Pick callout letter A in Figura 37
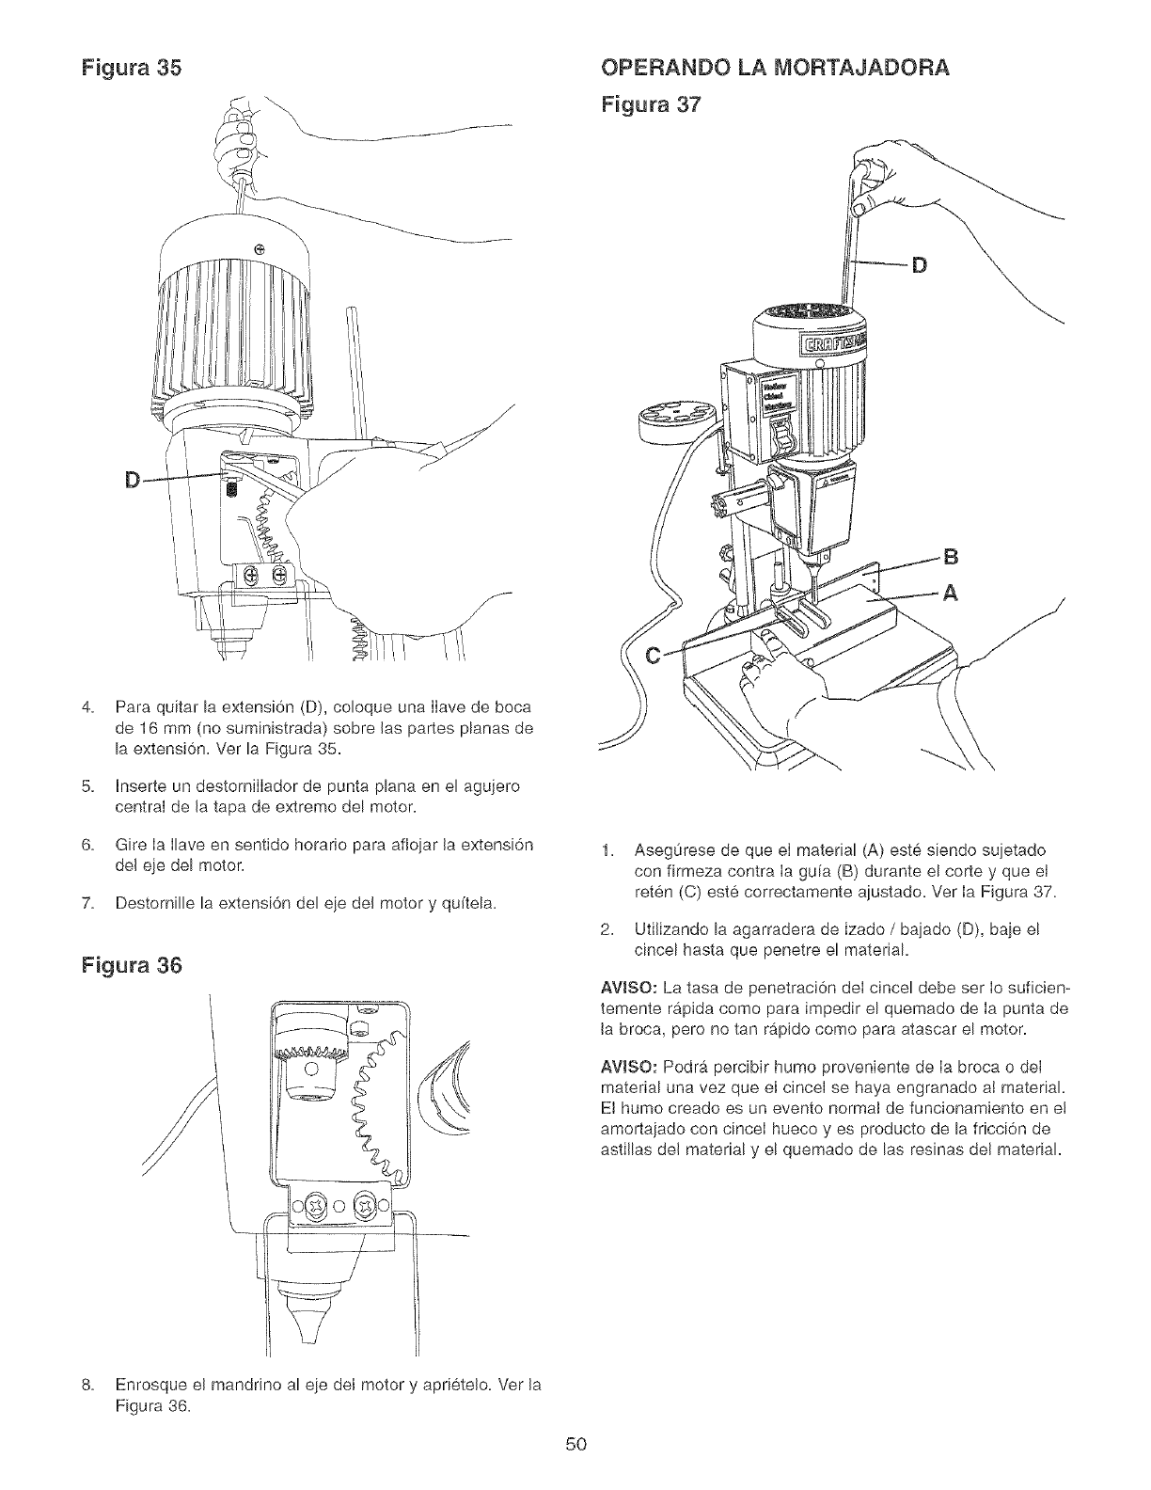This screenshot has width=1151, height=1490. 949,593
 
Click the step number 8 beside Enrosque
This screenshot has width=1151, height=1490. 87,1386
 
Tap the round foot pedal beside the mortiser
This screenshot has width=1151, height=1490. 674,415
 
